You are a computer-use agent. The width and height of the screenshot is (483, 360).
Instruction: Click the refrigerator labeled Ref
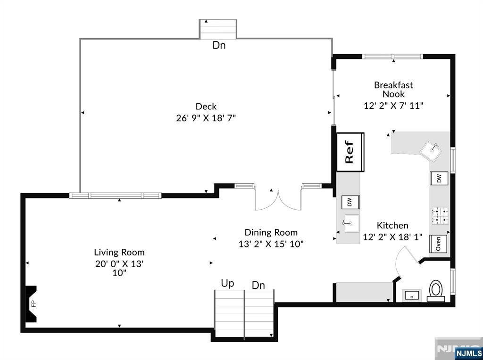[350, 152]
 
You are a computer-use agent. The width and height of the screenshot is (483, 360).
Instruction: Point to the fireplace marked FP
[32, 303]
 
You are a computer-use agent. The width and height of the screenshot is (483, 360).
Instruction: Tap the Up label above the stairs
[227, 283]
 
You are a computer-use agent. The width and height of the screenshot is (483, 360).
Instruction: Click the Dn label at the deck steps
[219, 46]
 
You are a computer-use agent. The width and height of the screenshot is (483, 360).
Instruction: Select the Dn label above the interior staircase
[258, 285]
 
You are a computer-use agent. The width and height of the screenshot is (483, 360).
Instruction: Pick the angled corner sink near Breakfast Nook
[433, 150]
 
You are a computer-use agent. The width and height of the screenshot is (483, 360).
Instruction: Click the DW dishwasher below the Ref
[350, 202]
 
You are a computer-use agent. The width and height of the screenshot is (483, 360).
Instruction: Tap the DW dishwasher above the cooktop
[439, 179]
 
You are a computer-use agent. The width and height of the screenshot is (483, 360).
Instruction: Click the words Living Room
[119, 252]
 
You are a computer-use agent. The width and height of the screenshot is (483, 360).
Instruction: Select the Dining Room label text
[271, 232]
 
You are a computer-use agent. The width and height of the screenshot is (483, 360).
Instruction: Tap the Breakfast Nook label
[393, 90]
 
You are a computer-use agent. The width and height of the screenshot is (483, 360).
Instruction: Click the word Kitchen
[392, 226]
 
